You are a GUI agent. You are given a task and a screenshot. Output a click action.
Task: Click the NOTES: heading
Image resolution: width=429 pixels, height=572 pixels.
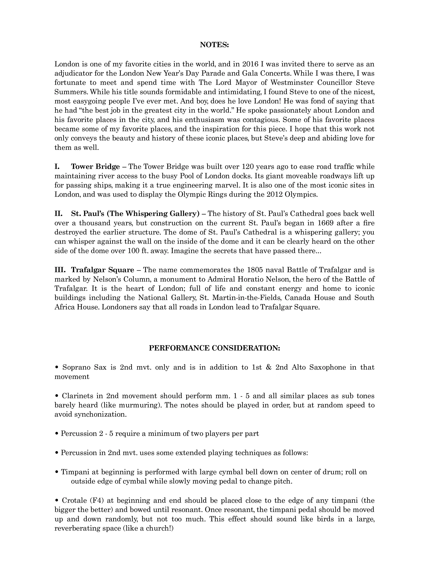coord(214,45)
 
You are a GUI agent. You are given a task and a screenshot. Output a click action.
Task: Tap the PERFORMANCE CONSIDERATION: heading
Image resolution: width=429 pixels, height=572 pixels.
coord(214,348)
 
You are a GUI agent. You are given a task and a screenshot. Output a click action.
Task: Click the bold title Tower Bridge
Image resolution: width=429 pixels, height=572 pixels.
coord(95,167)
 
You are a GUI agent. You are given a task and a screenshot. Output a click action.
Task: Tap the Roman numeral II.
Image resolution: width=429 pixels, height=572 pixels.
coord(58,214)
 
